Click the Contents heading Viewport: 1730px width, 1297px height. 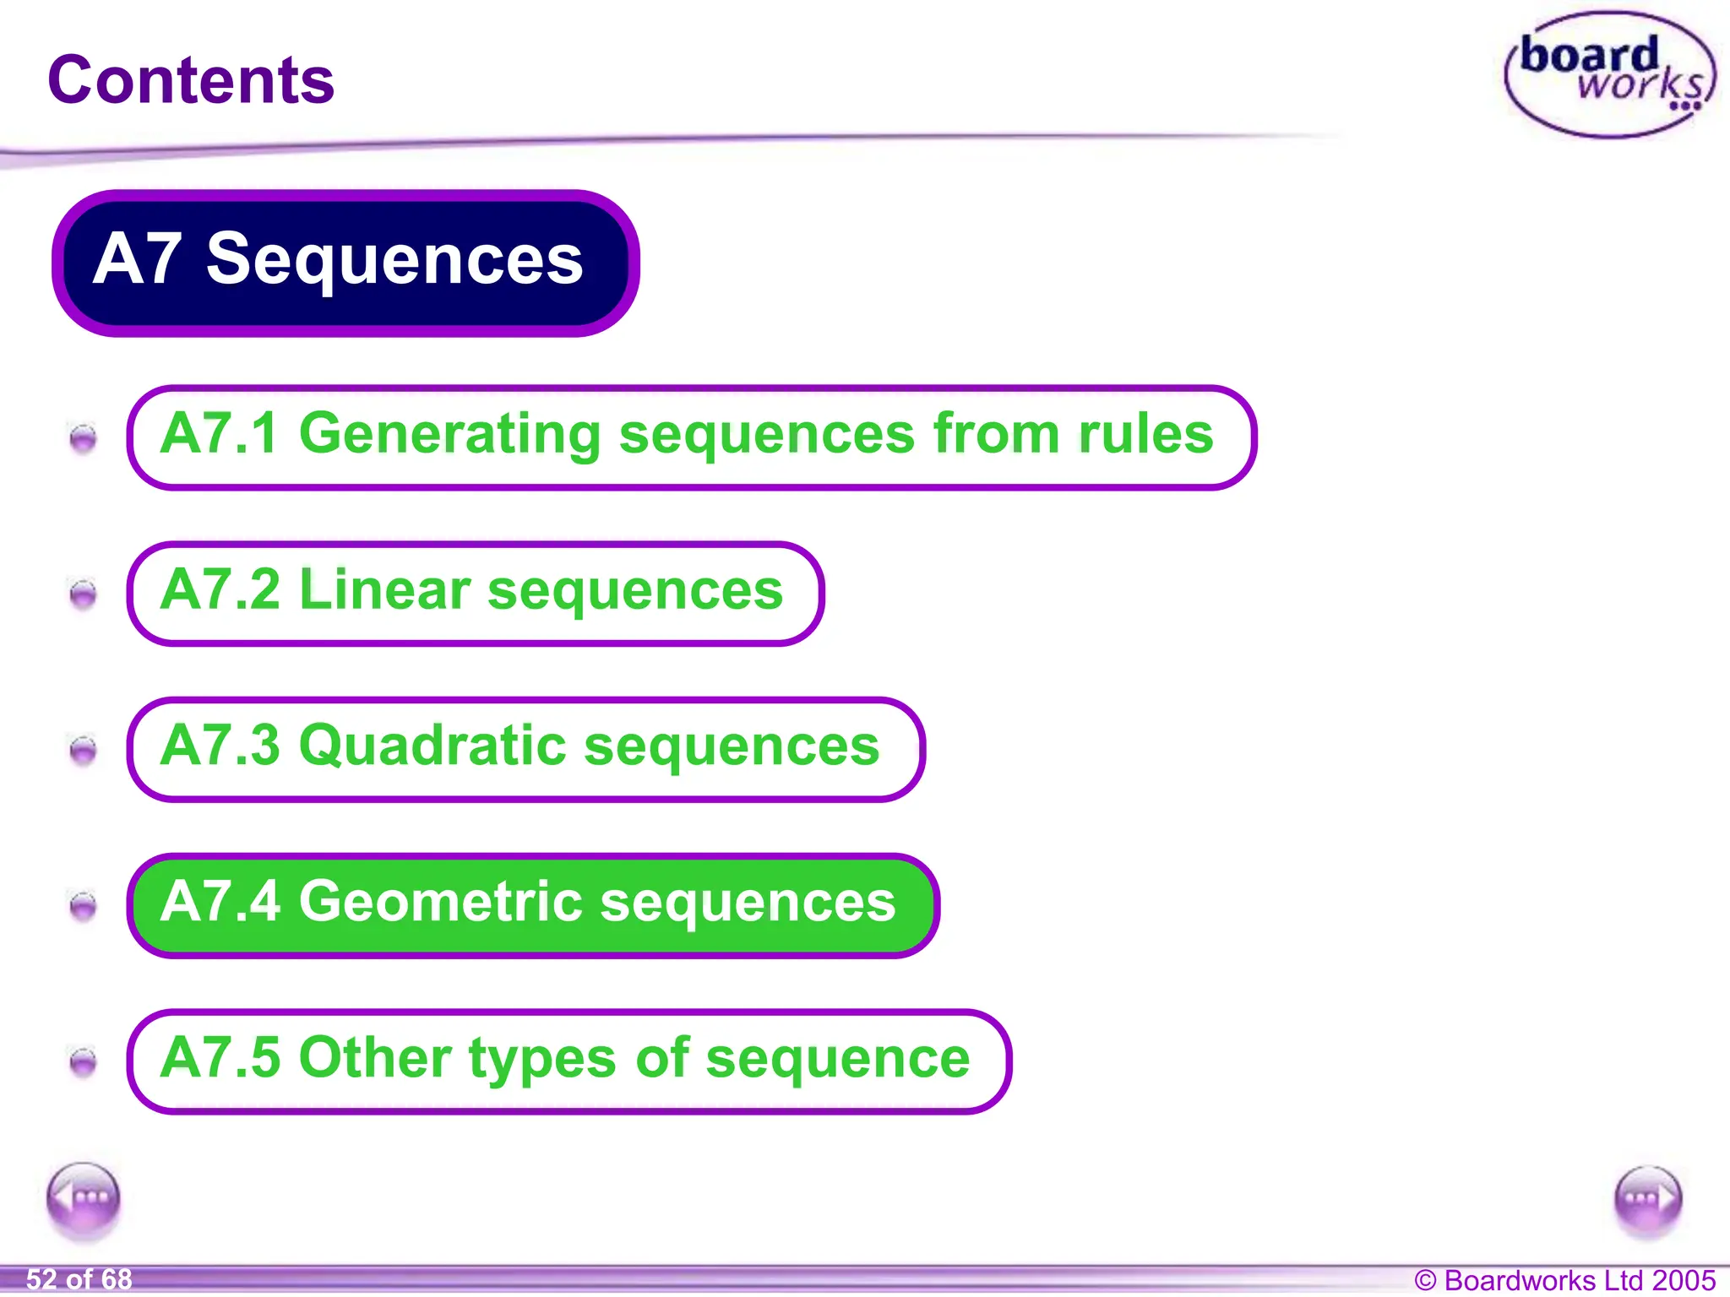[x=191, y=80]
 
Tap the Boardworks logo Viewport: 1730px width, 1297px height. [x=1610, y=76]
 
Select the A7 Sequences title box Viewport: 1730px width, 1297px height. [x=345, y=263]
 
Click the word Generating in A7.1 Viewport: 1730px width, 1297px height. [x=449, y=434]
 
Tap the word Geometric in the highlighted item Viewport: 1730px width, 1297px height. [x=440, y=902]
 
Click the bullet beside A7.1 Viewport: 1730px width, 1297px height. [x=83, y=438]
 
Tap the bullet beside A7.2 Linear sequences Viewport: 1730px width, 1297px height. [x=83, y=594]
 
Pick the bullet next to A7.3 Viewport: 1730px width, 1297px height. [x=83, y=750]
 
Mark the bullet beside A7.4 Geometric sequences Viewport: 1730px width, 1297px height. [x=83, y=906]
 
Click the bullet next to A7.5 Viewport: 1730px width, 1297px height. [x=83, y=1061]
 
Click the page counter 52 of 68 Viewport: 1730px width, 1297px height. [x=79, y=1279]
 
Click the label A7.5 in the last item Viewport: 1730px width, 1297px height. [x=220, y=1058]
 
